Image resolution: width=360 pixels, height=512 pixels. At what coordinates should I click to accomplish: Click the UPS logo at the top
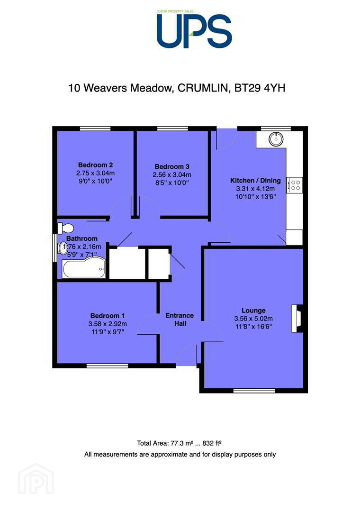coord(194,29)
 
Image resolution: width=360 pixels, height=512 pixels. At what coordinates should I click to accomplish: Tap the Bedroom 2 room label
coord(95,165)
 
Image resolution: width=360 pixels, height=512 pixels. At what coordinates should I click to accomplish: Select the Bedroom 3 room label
coord(172,166)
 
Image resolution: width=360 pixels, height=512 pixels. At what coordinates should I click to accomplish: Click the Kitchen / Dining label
coord(255,180)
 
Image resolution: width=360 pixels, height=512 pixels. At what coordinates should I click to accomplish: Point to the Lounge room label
coord(253,310)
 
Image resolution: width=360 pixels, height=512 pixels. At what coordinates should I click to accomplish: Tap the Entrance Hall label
coord(180,320)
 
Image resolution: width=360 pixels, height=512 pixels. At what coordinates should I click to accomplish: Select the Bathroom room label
coord(81,238)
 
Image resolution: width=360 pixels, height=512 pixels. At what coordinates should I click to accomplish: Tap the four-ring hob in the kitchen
coord(295,185)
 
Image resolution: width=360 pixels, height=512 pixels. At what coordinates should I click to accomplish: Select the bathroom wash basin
coord(62,248)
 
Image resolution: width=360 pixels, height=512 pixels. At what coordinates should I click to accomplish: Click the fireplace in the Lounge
coord(297,319)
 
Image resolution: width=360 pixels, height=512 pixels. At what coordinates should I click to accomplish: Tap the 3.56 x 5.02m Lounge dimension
coord(253,319)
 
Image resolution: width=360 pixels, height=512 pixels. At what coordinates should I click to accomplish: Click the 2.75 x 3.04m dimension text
coord(95,173)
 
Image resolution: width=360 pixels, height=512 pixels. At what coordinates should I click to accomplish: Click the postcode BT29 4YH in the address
coord(260,88)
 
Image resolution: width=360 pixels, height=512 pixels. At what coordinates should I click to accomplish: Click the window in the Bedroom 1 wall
coord(108,366)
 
